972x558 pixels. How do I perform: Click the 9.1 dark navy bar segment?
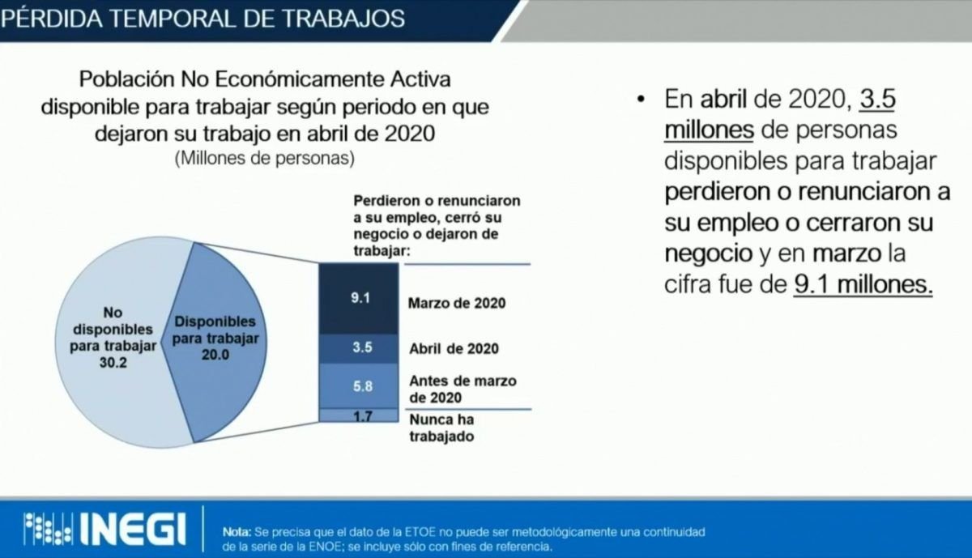pos(358,299)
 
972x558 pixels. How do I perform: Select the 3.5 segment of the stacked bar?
pos(358,348)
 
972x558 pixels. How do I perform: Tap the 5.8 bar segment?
pos(358,385)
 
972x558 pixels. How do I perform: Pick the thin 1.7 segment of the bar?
pos(358,415)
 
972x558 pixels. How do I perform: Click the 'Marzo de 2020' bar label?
pos(457,303)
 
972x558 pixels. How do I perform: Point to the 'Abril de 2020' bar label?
pos(454,348)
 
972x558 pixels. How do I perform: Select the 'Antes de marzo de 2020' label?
pos(463,390)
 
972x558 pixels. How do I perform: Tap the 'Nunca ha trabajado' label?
pos(441,428)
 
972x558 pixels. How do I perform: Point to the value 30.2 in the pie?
pos(113,362)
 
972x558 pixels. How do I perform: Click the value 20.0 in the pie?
pos(215,355)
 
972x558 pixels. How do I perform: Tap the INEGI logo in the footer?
pos(105,529)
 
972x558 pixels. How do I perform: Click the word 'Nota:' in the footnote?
pos(237,531)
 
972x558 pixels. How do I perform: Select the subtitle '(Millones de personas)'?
pos(265,159)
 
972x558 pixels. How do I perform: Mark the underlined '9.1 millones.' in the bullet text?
pos(863,285)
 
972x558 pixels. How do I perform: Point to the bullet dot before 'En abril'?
pos(641,100)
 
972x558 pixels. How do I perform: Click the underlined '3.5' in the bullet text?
pos(877,99)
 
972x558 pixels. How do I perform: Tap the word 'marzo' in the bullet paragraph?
pos(846,253)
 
